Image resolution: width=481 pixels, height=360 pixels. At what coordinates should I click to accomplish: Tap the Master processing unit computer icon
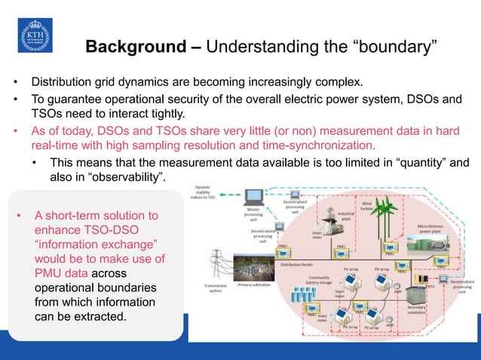[255, 200]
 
